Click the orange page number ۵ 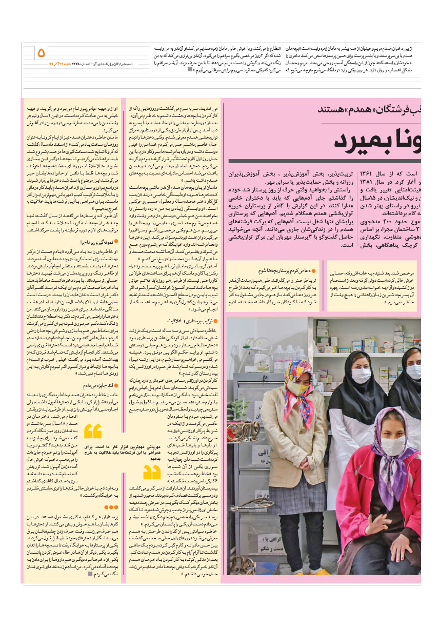tap(42, 52)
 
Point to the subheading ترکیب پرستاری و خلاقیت tap(195, 321)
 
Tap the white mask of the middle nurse tap(361, 375)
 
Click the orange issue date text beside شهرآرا tap(56, 64)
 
